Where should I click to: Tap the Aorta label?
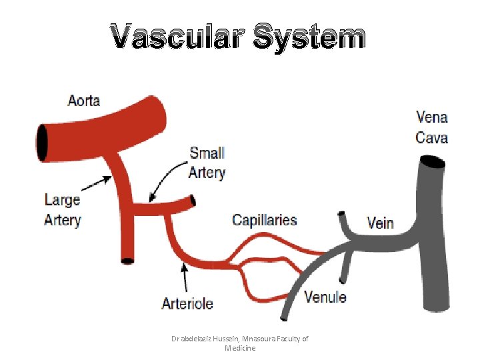pos(84,101)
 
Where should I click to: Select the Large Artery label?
pos(62,209)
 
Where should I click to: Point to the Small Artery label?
pos(207,163)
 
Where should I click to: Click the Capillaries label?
pos(265,219)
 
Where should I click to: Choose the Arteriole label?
pos(187,303)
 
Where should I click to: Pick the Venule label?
pos(325,297)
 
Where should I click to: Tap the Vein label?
pos(381,223)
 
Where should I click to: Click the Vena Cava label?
pos(432,127)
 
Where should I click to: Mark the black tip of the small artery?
pos(193,200)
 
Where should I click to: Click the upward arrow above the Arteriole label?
pos(185,277)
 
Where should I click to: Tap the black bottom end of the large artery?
pos(127,261)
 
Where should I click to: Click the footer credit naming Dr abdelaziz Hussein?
pos(239,339)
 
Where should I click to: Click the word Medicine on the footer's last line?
pos(239,348)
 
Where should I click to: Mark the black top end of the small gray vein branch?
pos(342,215)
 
